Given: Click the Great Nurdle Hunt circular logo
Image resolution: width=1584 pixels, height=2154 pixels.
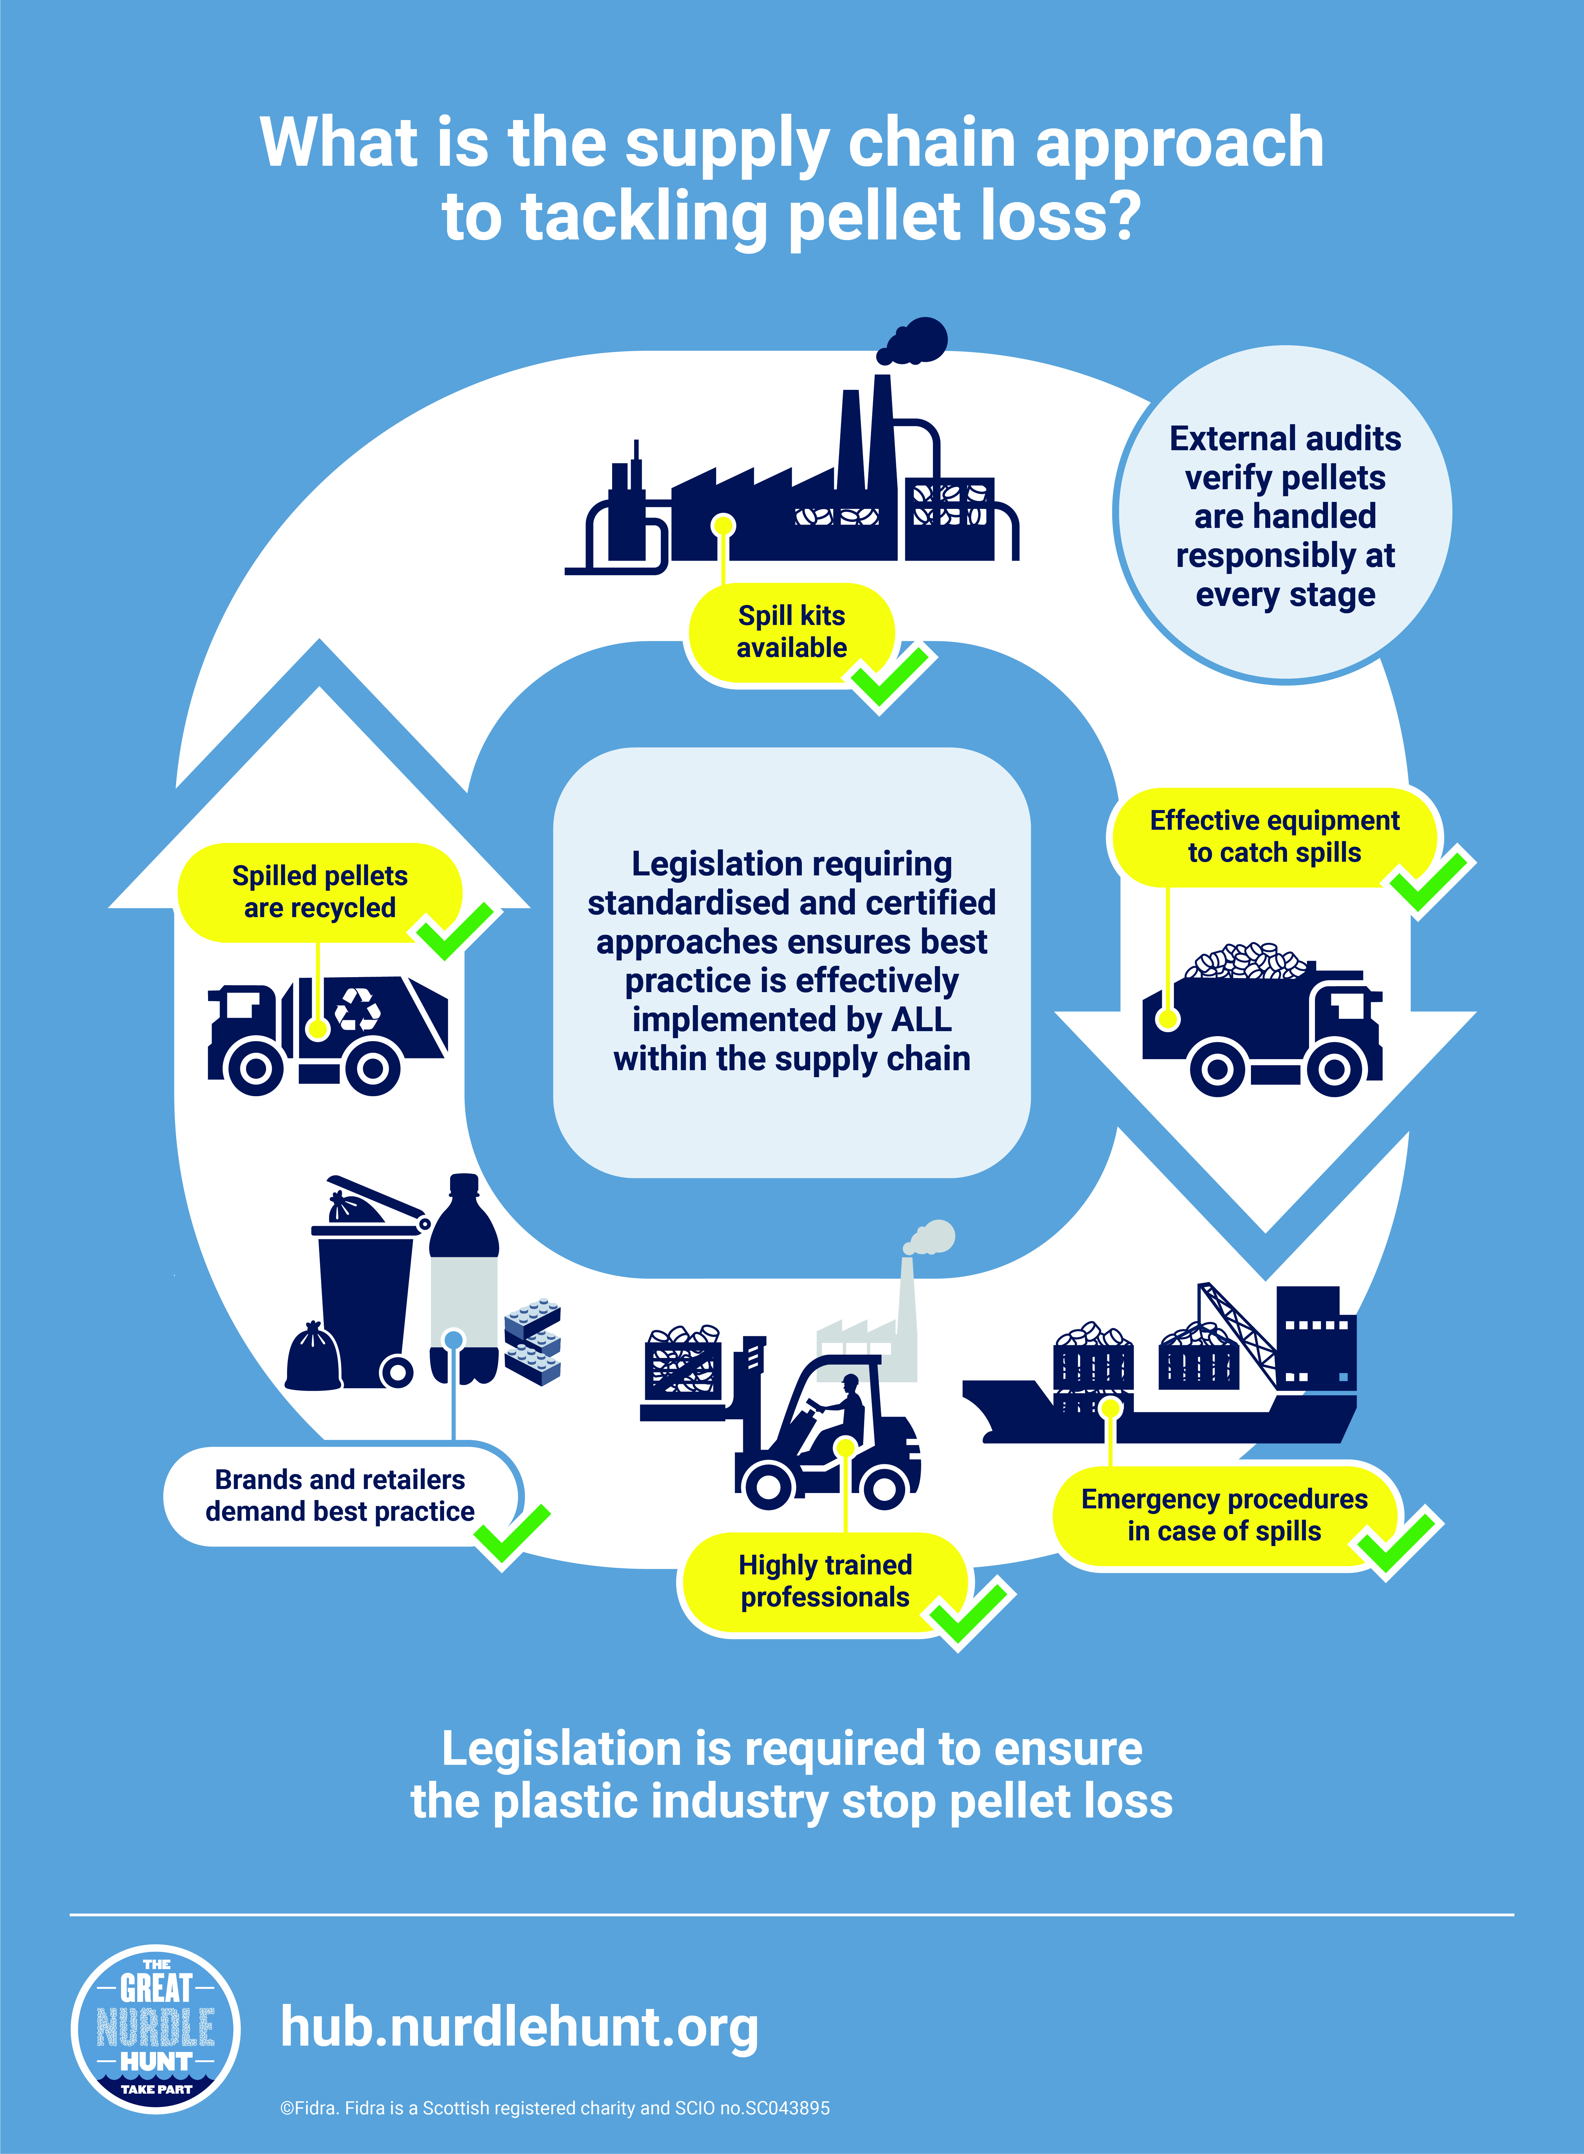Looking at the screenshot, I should click(155, 2028).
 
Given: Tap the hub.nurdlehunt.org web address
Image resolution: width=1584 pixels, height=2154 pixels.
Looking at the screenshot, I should click(519, 2027).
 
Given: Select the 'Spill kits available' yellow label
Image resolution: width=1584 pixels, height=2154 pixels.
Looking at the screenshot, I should click(791, 632).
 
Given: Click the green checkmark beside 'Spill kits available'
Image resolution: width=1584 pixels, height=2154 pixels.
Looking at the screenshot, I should click(890, 678).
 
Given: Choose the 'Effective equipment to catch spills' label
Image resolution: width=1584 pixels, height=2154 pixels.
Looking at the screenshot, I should click(1273, 836).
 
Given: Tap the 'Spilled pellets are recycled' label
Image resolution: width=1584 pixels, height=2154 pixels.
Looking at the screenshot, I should click(319, 892).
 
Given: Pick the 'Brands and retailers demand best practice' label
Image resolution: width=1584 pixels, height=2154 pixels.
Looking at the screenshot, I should click(340, 1495).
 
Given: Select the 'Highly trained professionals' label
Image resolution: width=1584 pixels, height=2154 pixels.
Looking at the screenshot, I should click(825, 1581).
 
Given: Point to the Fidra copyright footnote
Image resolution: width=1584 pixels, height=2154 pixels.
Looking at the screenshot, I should click(554, 2108).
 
